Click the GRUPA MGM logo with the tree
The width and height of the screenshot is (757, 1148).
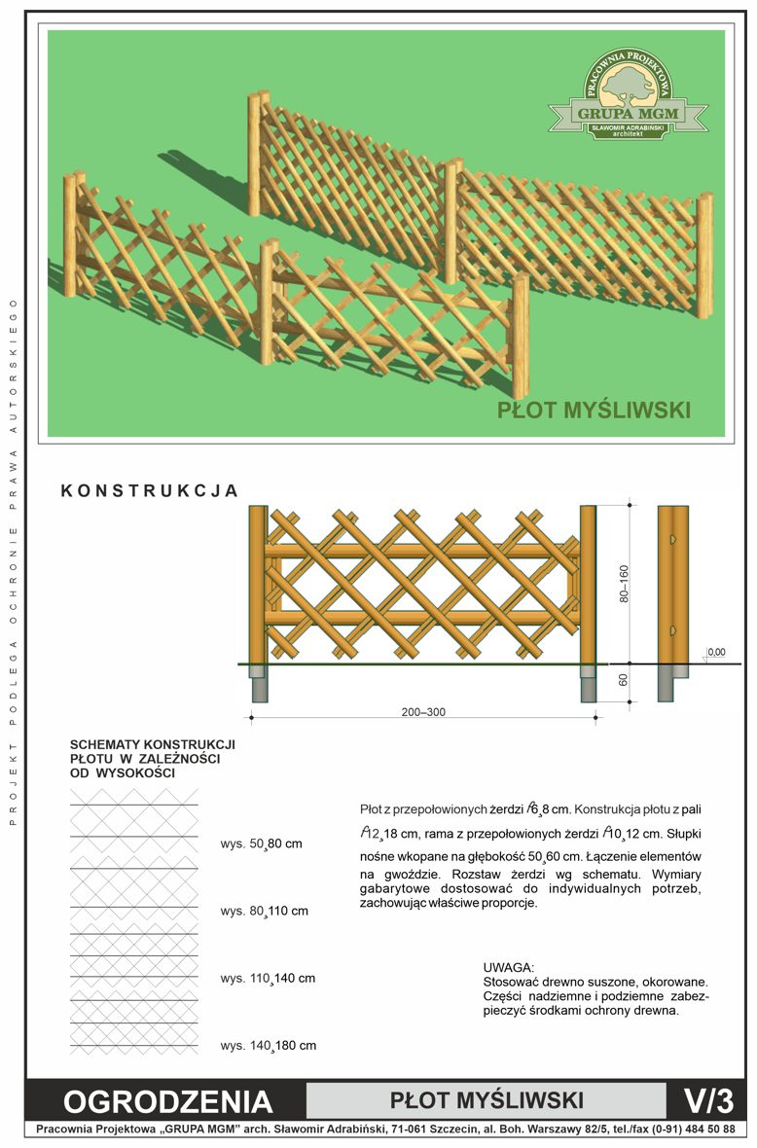(x=629, y=93)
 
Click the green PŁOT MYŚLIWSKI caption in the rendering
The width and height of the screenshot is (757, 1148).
(x=594, y=410)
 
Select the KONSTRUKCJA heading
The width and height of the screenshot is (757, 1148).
(x=149, y=490)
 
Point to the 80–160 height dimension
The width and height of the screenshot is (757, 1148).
(x=624, y=584)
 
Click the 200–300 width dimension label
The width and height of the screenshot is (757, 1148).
(x=423, y=711)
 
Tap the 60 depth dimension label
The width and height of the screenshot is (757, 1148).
(x=623, y=680)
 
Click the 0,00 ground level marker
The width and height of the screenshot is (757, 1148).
(x=716, y=652)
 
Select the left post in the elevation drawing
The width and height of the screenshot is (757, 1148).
(x=259, y=585)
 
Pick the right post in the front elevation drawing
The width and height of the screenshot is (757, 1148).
(x=588, y=585)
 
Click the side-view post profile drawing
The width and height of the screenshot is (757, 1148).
(x=672, y=603)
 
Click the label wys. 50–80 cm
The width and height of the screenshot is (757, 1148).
(x=262, y=843)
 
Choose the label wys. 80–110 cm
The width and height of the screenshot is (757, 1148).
(x=265, y=911)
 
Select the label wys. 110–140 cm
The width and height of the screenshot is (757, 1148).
(x=268, y=978)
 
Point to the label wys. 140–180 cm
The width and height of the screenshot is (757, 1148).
(x=268, y=1046)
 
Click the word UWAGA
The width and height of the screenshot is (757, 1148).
(x=509, y=968)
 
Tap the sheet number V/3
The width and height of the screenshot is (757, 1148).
(x=708, y=1100)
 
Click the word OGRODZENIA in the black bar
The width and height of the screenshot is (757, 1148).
(x=167, y=1102)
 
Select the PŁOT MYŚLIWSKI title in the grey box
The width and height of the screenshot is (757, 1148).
(x=487, y=1100)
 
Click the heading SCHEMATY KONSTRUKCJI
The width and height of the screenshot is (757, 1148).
(x=153, y=744)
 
